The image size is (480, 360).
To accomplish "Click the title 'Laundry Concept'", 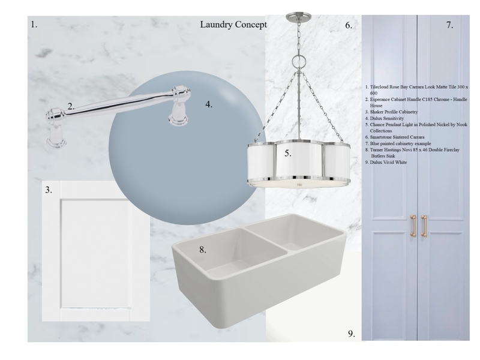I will [234, 25].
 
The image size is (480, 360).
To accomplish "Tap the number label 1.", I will [34, 25].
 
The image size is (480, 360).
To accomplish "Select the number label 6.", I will [349, 26].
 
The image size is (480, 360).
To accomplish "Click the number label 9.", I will [352, 334].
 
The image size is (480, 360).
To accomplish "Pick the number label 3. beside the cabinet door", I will [48, 190].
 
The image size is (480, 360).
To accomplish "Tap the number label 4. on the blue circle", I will [209, 104].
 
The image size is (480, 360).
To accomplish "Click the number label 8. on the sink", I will [203, 250].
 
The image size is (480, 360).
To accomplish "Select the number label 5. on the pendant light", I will [288, 154].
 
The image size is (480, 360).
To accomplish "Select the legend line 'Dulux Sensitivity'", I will [384, 118].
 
